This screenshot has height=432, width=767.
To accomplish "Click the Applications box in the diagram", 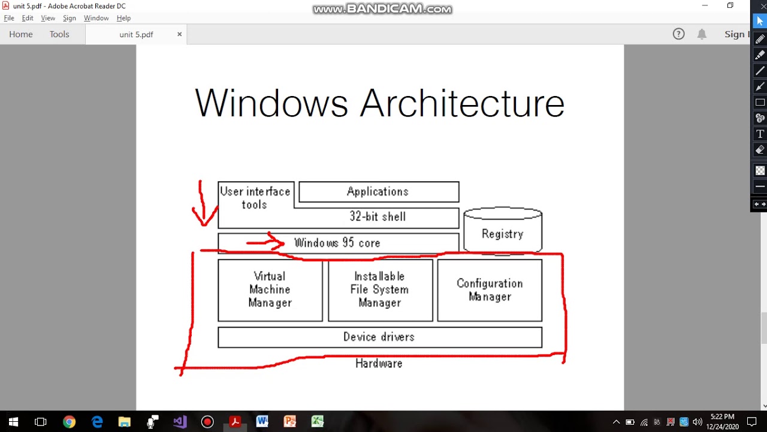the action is (x=378, y=192).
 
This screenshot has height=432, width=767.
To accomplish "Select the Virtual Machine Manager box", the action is (x=270, y=290).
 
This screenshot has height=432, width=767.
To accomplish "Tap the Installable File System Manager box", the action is (x=380, y=290).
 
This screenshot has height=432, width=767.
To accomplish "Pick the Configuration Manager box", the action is (x=490, y=290).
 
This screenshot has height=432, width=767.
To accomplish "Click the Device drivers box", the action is (x=379, y=337).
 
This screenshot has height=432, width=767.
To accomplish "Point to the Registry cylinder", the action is (x=503, y=233).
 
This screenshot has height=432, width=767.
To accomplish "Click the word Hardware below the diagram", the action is (x=379, y=364).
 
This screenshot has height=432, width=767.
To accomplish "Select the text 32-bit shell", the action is (x=378, y=217).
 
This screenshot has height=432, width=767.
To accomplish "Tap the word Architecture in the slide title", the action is (x=462, y=103).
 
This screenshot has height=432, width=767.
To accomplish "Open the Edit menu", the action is (x=28, y=18).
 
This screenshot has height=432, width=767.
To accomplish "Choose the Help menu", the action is (x=123, y=18).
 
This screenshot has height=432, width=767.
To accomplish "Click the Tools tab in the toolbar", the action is (x=59, y=34).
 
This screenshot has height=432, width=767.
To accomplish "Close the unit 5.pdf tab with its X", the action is (x=179, y=34).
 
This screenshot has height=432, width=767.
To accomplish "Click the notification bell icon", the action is (x=702, y=34).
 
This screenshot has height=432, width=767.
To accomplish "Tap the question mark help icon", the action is (x=678, y=34).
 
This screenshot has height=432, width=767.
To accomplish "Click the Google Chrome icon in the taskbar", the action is (x=69, y=422).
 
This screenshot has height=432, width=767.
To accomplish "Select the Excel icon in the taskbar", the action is (x=317, y=422).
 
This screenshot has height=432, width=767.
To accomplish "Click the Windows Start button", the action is (x=13, y=422).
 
